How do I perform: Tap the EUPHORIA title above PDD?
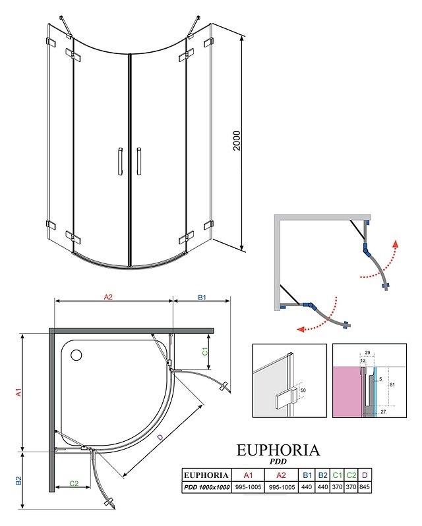point(278,450)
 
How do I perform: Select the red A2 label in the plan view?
point(109,298)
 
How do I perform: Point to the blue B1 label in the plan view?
point(202,298)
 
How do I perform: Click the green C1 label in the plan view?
point(204,352)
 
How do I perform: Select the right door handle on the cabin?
point(139,161)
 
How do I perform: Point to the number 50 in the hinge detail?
point(303,390)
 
